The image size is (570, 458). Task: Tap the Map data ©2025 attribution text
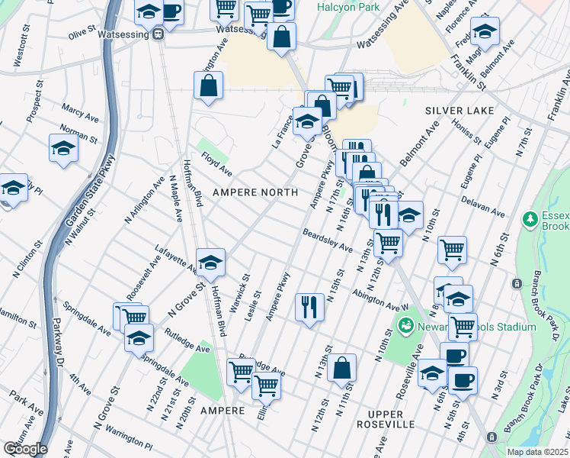coord(538,452)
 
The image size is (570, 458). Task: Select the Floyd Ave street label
coord(216,163)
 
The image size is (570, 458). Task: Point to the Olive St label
coord(82,34)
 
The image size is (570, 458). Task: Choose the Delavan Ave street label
coord(483,205)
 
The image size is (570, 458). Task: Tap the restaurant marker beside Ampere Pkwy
coord(309,308)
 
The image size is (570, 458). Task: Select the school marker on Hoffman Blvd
coord(211,262)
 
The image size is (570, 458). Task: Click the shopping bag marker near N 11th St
coord(344,367)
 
